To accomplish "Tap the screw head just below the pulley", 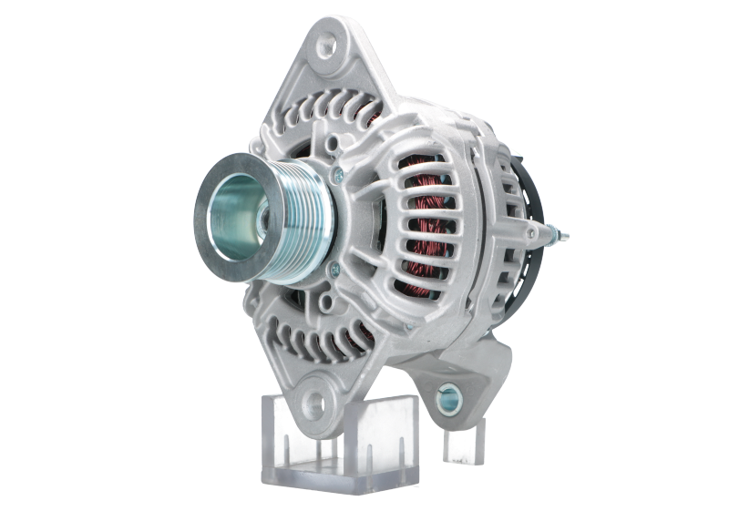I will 333,268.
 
